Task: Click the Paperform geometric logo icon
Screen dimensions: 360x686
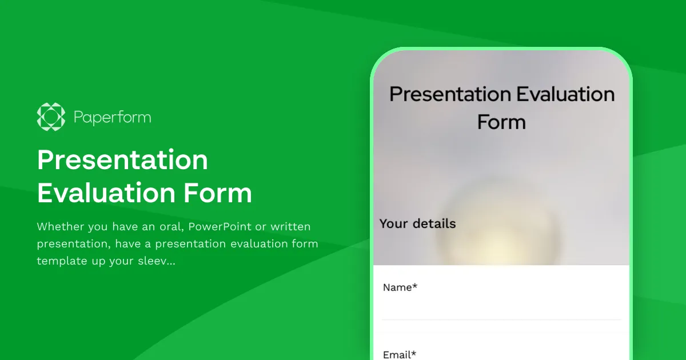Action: [x=51, y=117]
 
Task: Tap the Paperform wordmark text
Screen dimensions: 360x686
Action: [x=112, y=118]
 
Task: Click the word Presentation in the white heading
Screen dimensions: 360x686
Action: [x=122, y=160]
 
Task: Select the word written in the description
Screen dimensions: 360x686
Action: [x=290, y=227]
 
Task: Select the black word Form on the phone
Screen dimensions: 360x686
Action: [x=501, y=122]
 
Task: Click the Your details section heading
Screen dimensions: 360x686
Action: [x=417, y=223]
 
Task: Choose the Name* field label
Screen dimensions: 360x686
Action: [x=400, y=287]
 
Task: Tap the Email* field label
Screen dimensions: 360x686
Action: [x=399, y=355]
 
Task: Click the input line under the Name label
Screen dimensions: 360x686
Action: [x=501, y=318]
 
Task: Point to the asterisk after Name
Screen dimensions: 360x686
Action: [x=414, y=286]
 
